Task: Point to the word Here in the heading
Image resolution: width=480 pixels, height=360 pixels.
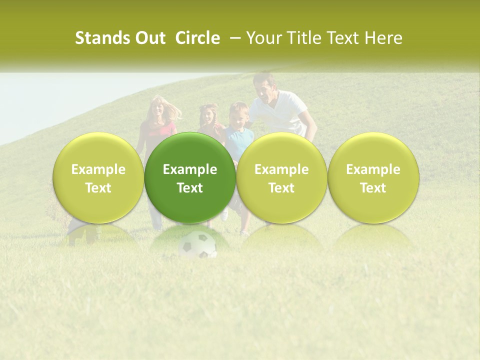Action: [x=384, y=38]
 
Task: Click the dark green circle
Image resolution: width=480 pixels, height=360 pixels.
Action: [x=190, y=177]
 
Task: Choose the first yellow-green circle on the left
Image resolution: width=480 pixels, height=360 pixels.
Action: [x=98, y=177]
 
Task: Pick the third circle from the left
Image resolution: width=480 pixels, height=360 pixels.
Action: [x=281, y=177]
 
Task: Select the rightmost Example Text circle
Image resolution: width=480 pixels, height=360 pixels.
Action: [x=373, y=177]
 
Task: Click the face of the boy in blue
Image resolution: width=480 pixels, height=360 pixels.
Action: [x=239, y=115]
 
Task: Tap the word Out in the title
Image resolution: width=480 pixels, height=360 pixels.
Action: [x=149, y=38]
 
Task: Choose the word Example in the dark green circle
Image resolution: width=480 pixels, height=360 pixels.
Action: [x=190, y=169]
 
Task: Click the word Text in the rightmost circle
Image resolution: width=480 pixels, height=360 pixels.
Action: [x=373, y=188]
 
